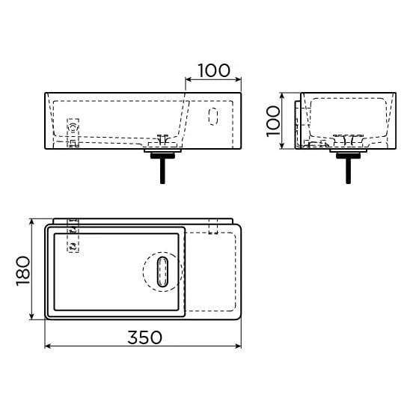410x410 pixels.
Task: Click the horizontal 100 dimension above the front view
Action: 213,70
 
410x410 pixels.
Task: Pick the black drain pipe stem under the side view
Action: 348,170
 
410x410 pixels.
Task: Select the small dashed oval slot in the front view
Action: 212,116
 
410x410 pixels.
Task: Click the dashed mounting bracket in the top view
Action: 73,236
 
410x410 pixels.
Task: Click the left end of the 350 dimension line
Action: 46,346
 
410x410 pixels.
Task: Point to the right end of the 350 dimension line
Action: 240,346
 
